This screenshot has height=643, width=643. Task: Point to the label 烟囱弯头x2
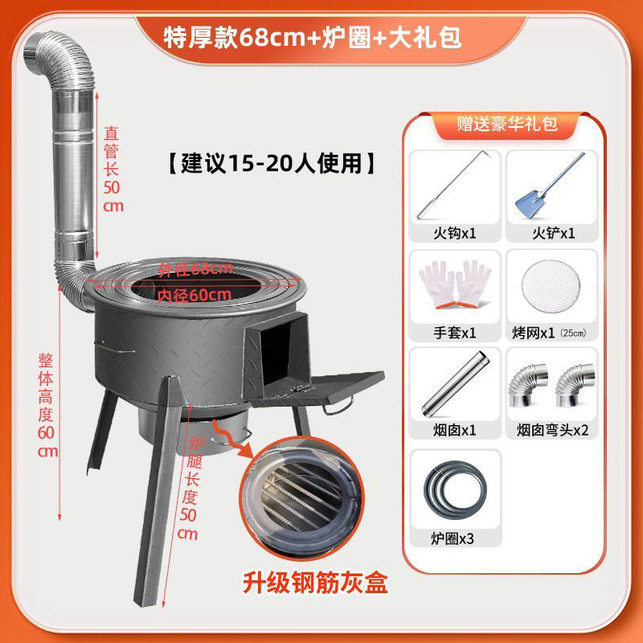(552, 430)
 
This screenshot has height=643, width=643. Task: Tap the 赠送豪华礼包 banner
(506, 124)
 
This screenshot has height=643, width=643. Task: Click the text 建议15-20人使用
(271, 163)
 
